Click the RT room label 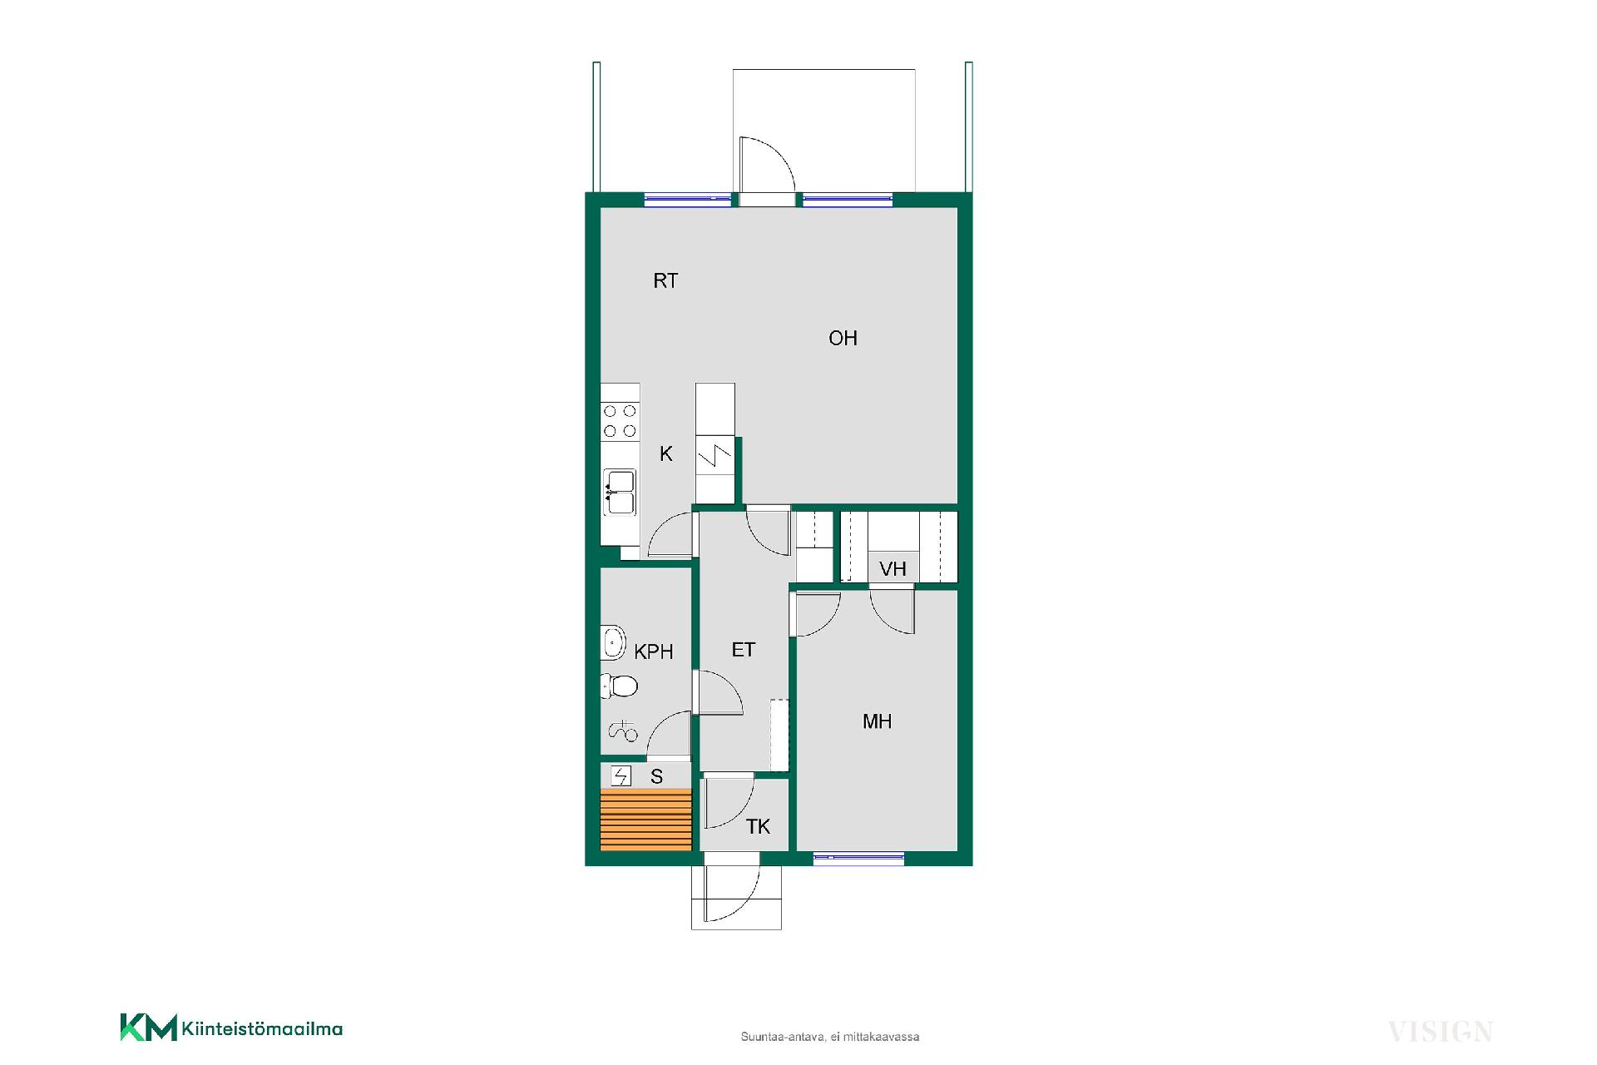click(x=665, y=281)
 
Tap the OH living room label click(x=843, y=339)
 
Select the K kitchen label click(x=666, y=454)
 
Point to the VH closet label click(x=892, y=569)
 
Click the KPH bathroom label click(x=654, y=652)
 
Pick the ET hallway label click(x=744, y=650)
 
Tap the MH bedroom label click(x=877, y=722)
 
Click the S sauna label click(x=657, y=777)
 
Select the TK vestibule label click(x=758, y=827)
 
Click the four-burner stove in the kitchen click(x=620, y=421)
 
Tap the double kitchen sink click(x=620, y=493)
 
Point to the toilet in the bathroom click(x=620, y=686)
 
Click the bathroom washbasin click(x=613, y=642)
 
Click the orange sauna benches click(x=646, y=820)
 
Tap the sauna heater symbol click(x=621, y=776)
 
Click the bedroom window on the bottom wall click(x=858, y=859)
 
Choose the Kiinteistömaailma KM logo click(x=231, y=1028)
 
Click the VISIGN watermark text click(x=1441, y=1033)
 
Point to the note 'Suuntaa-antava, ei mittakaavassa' click(x=830, y=1037)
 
